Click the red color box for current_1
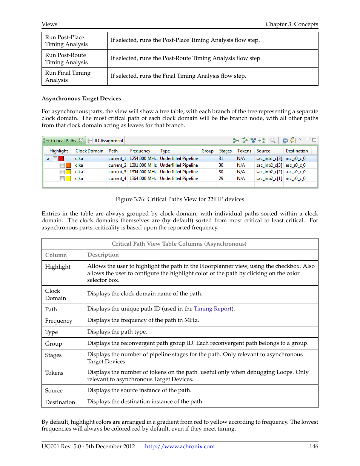(61, 158)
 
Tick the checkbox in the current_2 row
(62, 165)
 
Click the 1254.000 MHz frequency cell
(143, 158)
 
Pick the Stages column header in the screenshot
(225, 151)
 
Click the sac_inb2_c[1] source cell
(269, 178)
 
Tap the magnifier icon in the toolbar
(273, 140)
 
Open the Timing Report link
(213, 309)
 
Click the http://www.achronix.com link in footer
(180, 446)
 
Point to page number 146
(314, 446)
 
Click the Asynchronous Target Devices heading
(81, 98)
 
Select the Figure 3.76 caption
(180, 199)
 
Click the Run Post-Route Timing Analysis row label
(66, 58)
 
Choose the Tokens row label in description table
(54, 373)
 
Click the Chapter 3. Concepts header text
(292, 24)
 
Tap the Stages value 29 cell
(221, 178)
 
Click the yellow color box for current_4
(68, 178)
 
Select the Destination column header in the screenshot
(297, 151)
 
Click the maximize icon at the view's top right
(314, 140)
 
